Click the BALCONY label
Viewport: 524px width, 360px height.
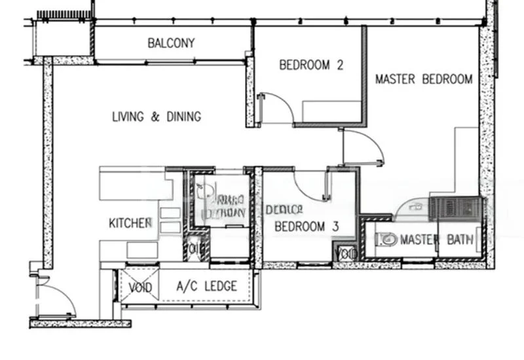[x=171, y=44]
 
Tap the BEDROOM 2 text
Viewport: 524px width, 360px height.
[x=311, y=65]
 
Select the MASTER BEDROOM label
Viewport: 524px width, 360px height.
[x=423, y=79]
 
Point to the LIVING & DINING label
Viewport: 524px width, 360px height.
[x=157, y=117]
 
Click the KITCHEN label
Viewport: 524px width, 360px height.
[x=130, y=223]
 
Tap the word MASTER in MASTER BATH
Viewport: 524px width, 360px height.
[x=419, y=240]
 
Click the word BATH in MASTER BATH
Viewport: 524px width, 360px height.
[x=460, y=240]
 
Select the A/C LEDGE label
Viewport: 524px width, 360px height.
[x=207, y=287]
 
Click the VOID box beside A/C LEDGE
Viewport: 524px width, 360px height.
[x=140, y=287]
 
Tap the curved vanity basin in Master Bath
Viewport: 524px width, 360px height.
[x=412, y=207]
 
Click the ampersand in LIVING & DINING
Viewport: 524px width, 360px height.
[x=155, y=117]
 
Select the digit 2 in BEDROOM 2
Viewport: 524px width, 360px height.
[x=340, y=65]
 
